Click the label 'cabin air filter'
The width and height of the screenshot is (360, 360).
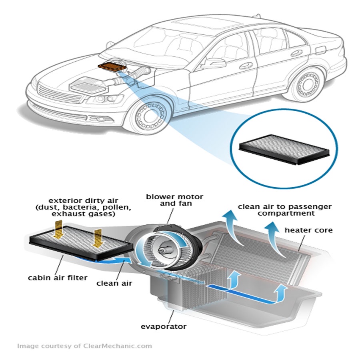[57, 278]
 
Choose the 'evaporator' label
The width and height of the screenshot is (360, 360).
[164, 326]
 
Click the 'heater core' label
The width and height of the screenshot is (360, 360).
[308, 231]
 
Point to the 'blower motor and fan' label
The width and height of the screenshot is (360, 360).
[174, 200]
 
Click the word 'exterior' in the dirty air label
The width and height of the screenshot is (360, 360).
[62, 200]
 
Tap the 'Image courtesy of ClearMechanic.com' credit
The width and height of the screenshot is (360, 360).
[84, 346]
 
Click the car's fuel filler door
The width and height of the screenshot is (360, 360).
[321, 51]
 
